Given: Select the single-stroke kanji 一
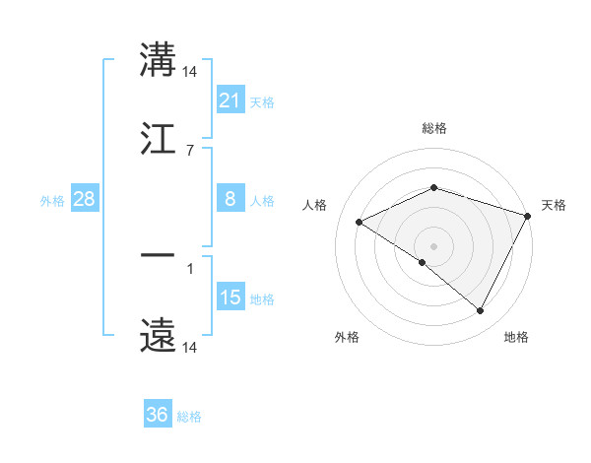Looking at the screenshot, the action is (158, 255).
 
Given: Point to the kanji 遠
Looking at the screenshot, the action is (158, 335).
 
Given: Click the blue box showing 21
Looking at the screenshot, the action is (230, 99).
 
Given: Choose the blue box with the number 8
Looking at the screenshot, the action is (230, 199).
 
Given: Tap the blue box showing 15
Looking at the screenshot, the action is (230, 298).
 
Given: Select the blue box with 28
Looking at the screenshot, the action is (84, 199).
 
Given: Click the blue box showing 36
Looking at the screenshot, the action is (157, 415).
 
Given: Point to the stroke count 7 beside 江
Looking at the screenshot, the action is (189, 150).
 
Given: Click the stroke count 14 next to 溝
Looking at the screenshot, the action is (191, 72).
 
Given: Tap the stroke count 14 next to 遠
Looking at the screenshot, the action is (191, 348).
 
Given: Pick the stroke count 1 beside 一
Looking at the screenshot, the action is (189, 268).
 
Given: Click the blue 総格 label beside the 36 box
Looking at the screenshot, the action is (189, 417).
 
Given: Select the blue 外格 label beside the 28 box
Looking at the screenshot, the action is (52, 201).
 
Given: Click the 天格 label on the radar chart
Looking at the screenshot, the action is (554, 205).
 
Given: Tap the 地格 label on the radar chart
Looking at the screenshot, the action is (516, 337).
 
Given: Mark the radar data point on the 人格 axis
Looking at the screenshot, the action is (360, 223).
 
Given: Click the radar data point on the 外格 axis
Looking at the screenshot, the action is (423, 262).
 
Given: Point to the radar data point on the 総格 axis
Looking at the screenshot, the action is (433, 187).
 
